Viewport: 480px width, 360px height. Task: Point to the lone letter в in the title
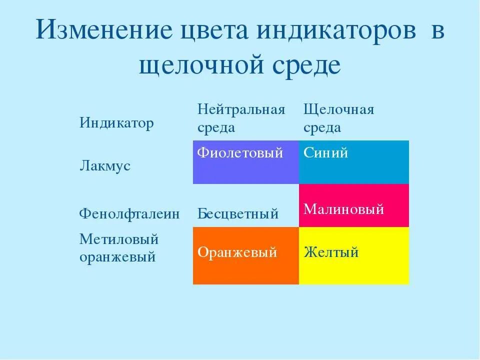pos(437,32)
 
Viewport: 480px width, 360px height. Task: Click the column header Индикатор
pos(116,123)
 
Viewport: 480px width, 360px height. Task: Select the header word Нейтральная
pos(241,110)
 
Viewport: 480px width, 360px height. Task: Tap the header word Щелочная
pos(339,110)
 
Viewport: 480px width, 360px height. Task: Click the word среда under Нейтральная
pos(216,127)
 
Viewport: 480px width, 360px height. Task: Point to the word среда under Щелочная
pos(322,127)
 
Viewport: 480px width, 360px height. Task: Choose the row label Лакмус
pos(104,166)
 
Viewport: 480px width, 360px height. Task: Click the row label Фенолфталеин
pos(129,214)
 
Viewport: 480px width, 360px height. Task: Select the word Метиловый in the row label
pos(118,239)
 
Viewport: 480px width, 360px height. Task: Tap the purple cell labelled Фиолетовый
pos(246,162)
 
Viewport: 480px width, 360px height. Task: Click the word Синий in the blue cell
pos(325,153)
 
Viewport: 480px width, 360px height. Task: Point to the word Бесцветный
pos(238,214)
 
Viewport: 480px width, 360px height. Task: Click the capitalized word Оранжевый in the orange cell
pos(237,252)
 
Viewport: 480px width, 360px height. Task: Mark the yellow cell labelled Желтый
pos(353,256)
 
